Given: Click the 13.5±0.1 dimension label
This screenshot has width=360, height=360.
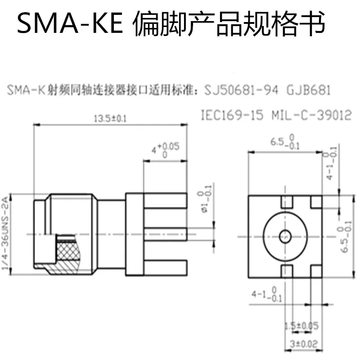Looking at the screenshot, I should coord(110,119).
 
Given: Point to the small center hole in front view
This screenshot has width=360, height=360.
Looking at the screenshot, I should coord(284,235).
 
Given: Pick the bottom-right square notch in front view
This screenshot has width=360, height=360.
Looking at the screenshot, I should coord(316,270).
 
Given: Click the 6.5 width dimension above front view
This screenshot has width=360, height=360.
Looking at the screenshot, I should coord(284,143).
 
